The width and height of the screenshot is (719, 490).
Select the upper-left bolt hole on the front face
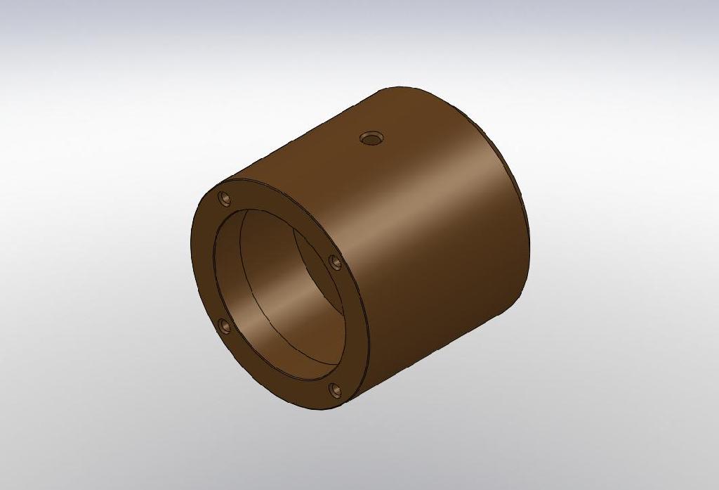(225, 199)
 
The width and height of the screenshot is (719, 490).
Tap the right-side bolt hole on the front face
(336, 262)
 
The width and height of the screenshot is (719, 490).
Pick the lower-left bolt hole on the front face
(224, 325)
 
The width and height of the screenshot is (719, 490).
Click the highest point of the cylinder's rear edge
(400, 87)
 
